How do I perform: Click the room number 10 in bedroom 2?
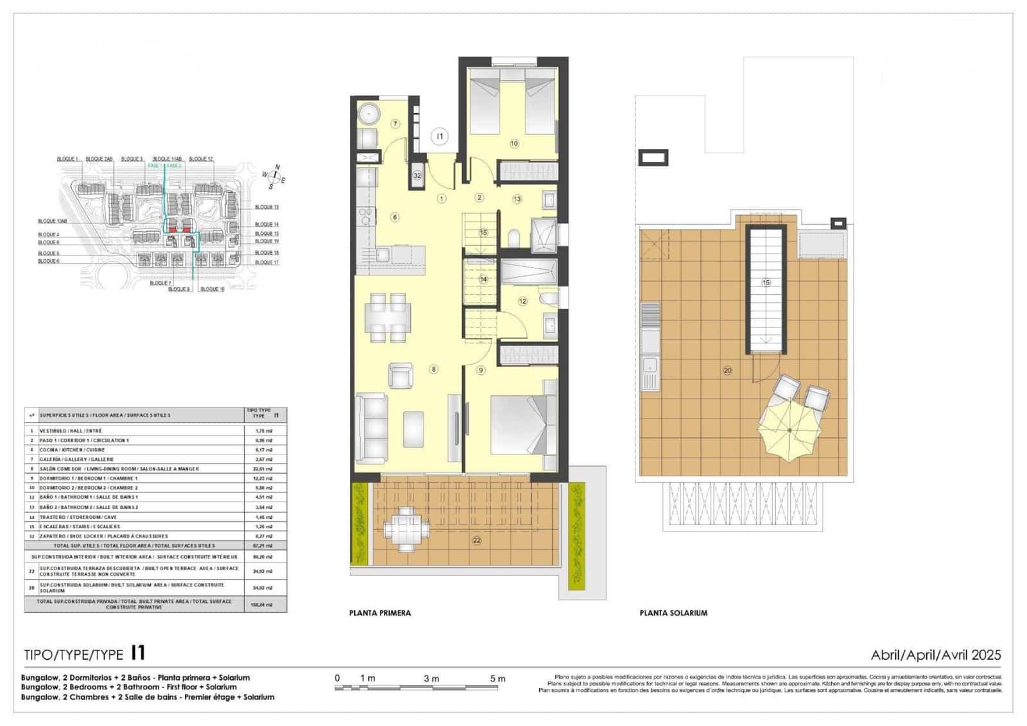(514, 144)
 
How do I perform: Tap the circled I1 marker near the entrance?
(440, 136)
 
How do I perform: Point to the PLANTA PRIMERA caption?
(380, 613)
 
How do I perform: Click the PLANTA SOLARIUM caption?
(673, 613)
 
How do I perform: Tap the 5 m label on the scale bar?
(497, 678)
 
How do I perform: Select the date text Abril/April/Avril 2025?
(935, 655)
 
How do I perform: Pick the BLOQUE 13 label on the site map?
(266, 207)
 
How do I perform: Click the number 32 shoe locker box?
(417, 175)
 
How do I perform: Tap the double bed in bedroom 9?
(519, 424)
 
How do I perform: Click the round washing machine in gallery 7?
(370, 114)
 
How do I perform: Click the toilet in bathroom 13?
(513, 238)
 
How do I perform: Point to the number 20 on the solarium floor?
(727, 370)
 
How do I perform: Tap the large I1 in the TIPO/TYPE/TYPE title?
(138, 653)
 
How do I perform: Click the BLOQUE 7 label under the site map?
(160, 283)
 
